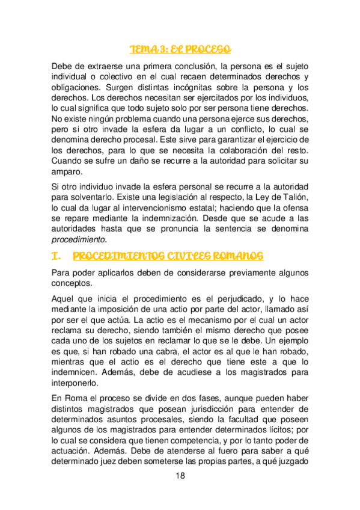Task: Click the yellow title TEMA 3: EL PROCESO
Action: coord(180,49)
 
